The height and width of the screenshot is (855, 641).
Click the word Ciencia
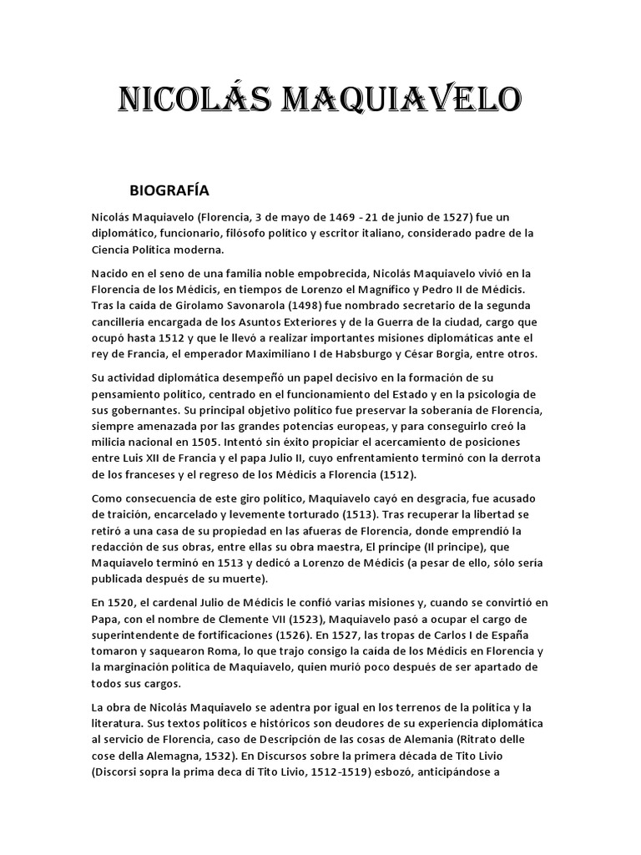(x=112, y=249)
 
